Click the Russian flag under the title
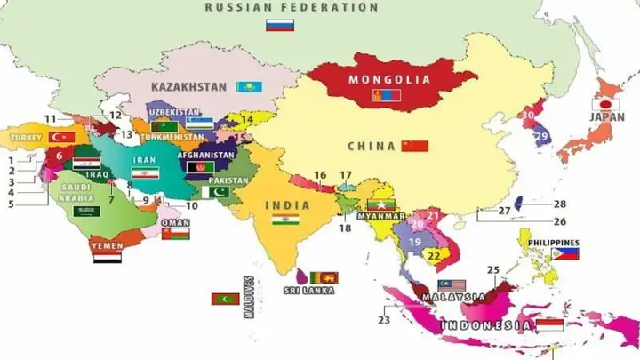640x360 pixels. pyautogui.click(x=280, y=25)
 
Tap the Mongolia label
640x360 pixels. pyautogui.click(x=388, y=79)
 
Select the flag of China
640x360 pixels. pyautogui.click(x=414, y=146)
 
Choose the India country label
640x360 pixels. pyautogui.click(x=287, y=205)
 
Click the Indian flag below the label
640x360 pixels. pyautogui.click(x=285, y=220)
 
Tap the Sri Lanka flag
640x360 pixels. pyautogui.click(x=324, y=277)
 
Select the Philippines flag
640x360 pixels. pyautogui.click(x=564, y=253)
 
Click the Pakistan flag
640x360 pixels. pyautogui.click(x=215, y=192)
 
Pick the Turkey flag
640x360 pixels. pyautogui.click(x=62, y=138)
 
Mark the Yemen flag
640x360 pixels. pyautogui.click(x=108, y=257)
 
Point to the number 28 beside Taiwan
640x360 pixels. pyautogui.click(x=559, y=204)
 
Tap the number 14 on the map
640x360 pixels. pyautogui.click(x=247, y=118)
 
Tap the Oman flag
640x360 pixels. pyautogui.click(x=174, y=236)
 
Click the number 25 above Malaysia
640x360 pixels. pyautogui.click(x=493, y=269)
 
